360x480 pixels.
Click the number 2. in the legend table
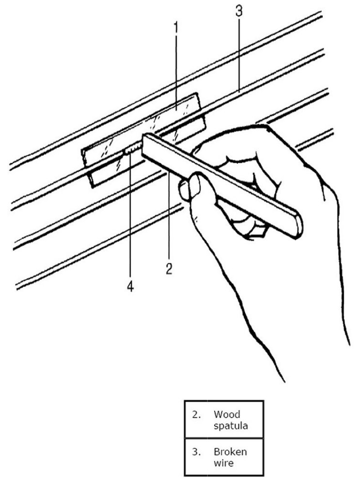[x=196, y=415]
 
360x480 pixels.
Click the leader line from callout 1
[x=176, y=73]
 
